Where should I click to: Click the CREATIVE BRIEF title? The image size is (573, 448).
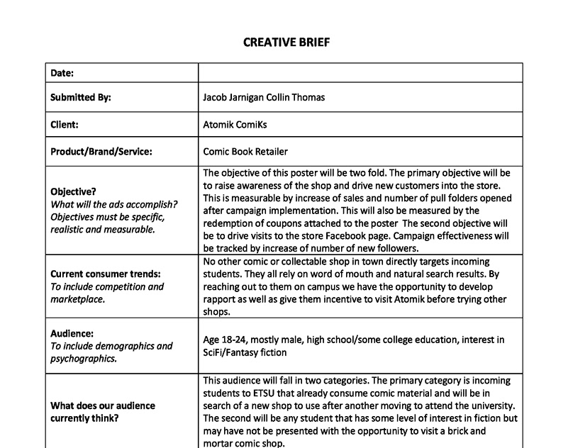pyautogui.click(x=286, y=43)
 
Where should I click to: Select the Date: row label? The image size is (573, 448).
pyautogui.click(x=62, y=73)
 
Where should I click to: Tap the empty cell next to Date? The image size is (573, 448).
pyautogui.click(x=360, y=73)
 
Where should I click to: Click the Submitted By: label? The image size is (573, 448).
pyautogui.click(x=81, y=97)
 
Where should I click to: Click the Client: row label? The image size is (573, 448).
pyautogui.click(x=65, y=124)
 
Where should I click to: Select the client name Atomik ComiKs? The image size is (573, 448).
pyautogui.click(x=235, y=124)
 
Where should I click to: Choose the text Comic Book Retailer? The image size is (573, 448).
pyautogui.click(x=245, y=151)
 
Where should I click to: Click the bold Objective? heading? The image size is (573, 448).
pyautogui.click(x=74, y=191)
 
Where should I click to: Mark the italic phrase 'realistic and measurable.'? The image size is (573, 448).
pyautogui.click(x=102, y=229)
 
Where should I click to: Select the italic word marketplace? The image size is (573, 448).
pyautogui.click(x=77, y=299)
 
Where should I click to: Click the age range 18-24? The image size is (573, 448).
pyautogui.click(x=234, y=340)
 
